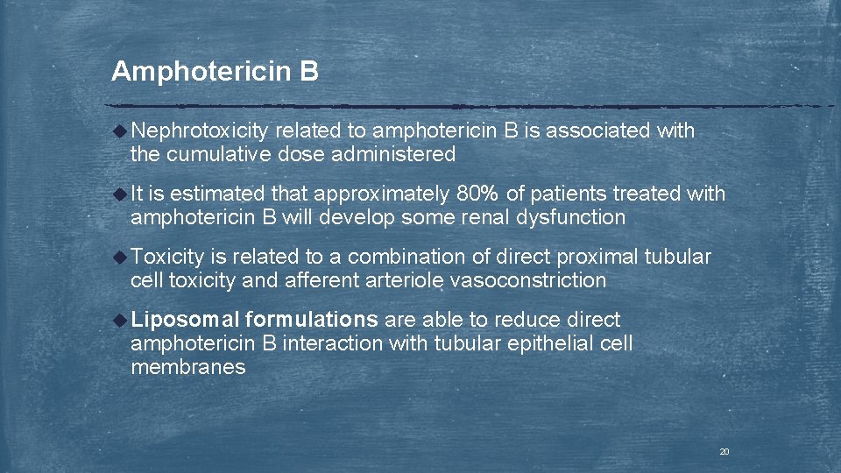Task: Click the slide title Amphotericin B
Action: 215,71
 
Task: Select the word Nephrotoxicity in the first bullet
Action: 200,131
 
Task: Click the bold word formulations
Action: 313,320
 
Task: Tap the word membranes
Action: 187,367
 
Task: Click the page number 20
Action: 724,452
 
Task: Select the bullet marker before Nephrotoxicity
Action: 121,131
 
